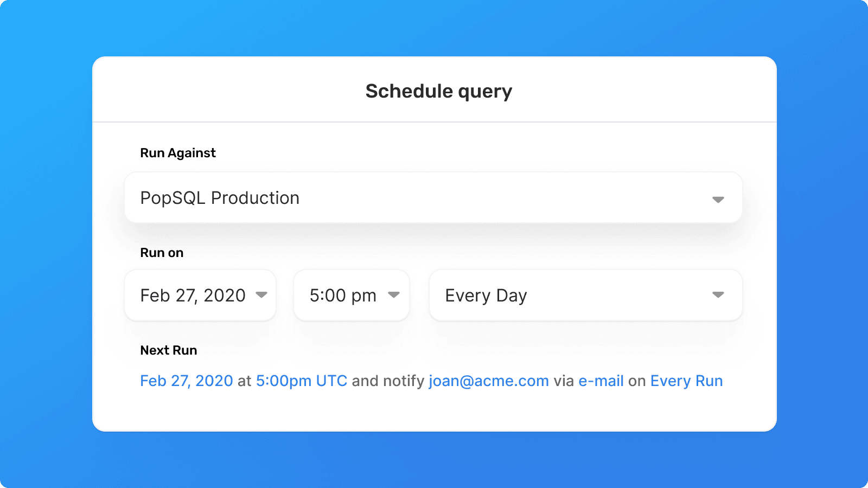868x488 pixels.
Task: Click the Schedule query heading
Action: [439, 92]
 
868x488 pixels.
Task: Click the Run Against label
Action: [178, 153]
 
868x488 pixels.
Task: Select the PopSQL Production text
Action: [220, 198]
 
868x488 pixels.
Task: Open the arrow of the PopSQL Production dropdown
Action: [718, 200]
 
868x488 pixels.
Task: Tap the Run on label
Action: [162, 253]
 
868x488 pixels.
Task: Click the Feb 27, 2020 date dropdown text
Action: [193, 296]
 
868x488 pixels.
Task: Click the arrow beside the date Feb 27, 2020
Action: [261, 295]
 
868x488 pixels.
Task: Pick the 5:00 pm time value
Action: [343, 296]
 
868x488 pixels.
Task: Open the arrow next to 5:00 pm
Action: [394, 295]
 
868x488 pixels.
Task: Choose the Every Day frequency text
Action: [486, 296]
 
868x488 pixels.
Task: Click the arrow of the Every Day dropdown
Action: [718, 295]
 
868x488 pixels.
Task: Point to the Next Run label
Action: [169, 350]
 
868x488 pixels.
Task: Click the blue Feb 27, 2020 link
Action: [187, 381]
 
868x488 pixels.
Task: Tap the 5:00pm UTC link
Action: [302, 381]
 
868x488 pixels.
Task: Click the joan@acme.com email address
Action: [489, 381]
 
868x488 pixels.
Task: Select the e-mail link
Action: [601, 381]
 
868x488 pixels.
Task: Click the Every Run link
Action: [686, 381]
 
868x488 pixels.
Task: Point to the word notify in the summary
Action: [404, 381]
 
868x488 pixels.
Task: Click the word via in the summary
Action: [564, 381]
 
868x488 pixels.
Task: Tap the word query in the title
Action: [485, 92]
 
